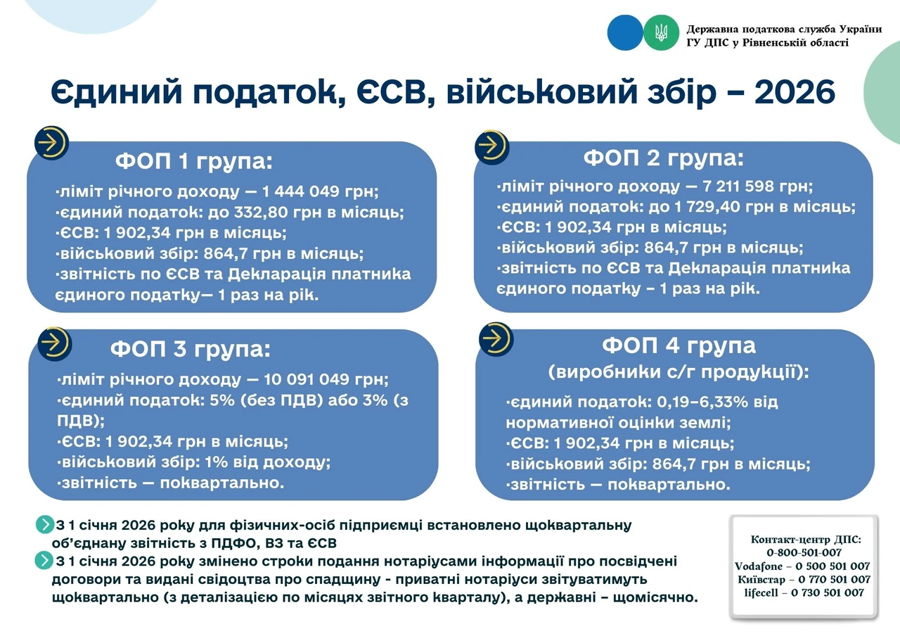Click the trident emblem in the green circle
click(661, 32)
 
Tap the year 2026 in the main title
click(795, 92)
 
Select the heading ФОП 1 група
click(193, 161)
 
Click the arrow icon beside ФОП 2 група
click(491, 147)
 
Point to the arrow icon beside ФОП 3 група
click(55, 344)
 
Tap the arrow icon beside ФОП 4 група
click(496, 339)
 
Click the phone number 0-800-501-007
click(804, 552)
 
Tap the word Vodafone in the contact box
click(759, 566)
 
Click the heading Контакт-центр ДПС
click(806, 539)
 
